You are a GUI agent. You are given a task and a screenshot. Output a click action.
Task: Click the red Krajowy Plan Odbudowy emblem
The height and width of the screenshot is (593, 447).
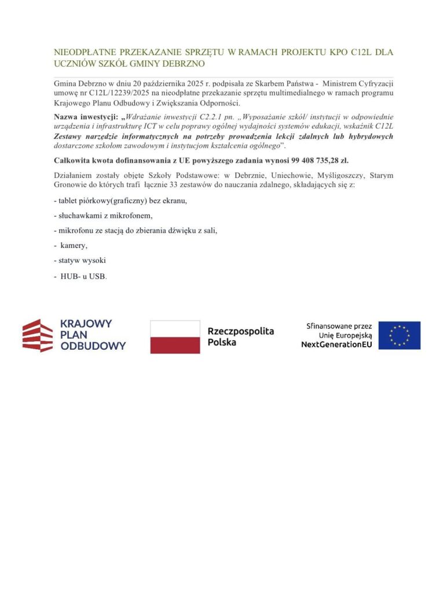[38, 335]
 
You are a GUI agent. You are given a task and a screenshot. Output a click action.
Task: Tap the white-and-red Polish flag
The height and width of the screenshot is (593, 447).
[175, 336]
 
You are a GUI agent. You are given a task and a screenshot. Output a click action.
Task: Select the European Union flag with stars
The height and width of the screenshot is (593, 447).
[400, 335]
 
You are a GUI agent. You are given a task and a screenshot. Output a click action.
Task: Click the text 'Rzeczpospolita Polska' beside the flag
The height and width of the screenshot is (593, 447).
[240, 336]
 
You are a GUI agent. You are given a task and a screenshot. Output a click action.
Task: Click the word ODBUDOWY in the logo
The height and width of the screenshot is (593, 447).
[93, 346]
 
